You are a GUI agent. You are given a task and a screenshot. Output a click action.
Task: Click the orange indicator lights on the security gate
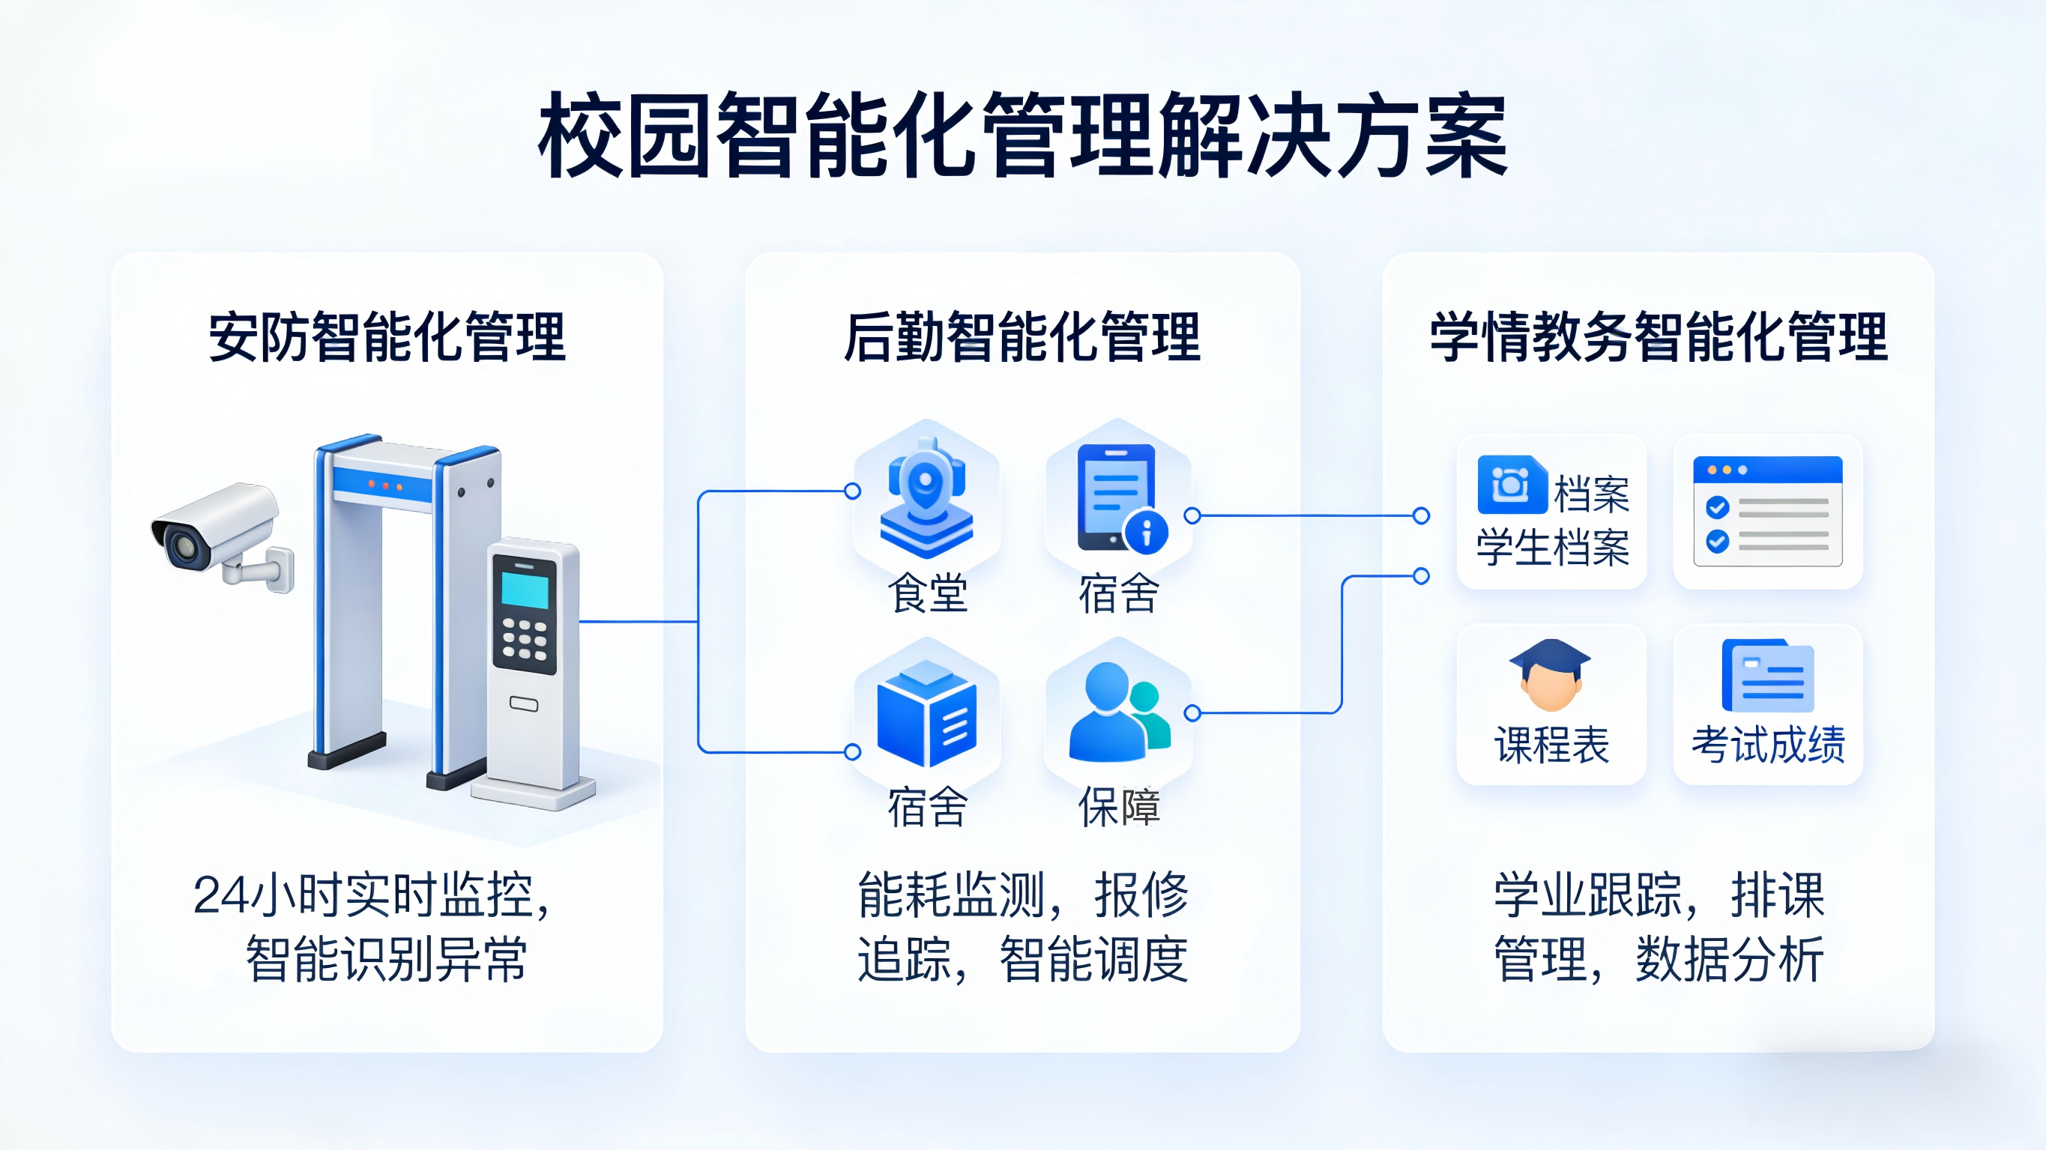coord(385,485)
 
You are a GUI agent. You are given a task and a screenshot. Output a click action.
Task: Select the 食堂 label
coord(927,594)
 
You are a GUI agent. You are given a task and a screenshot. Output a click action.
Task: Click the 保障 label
coord(1118,807)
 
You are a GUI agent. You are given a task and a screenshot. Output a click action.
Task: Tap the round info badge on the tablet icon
coord(1146,531)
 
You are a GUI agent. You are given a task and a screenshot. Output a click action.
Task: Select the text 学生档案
coord(1552,548)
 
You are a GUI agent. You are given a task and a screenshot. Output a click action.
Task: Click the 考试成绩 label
coord(1767,745)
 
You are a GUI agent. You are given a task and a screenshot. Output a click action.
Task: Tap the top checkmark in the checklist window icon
coord(1717,506)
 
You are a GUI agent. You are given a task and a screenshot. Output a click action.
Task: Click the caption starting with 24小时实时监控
coord(372,896)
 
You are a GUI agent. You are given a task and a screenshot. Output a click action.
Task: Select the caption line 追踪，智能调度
coord(1022,960)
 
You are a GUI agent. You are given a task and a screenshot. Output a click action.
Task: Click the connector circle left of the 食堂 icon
coord(852,491)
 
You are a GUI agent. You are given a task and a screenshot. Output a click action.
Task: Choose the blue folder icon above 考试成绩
coord(1767,677)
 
